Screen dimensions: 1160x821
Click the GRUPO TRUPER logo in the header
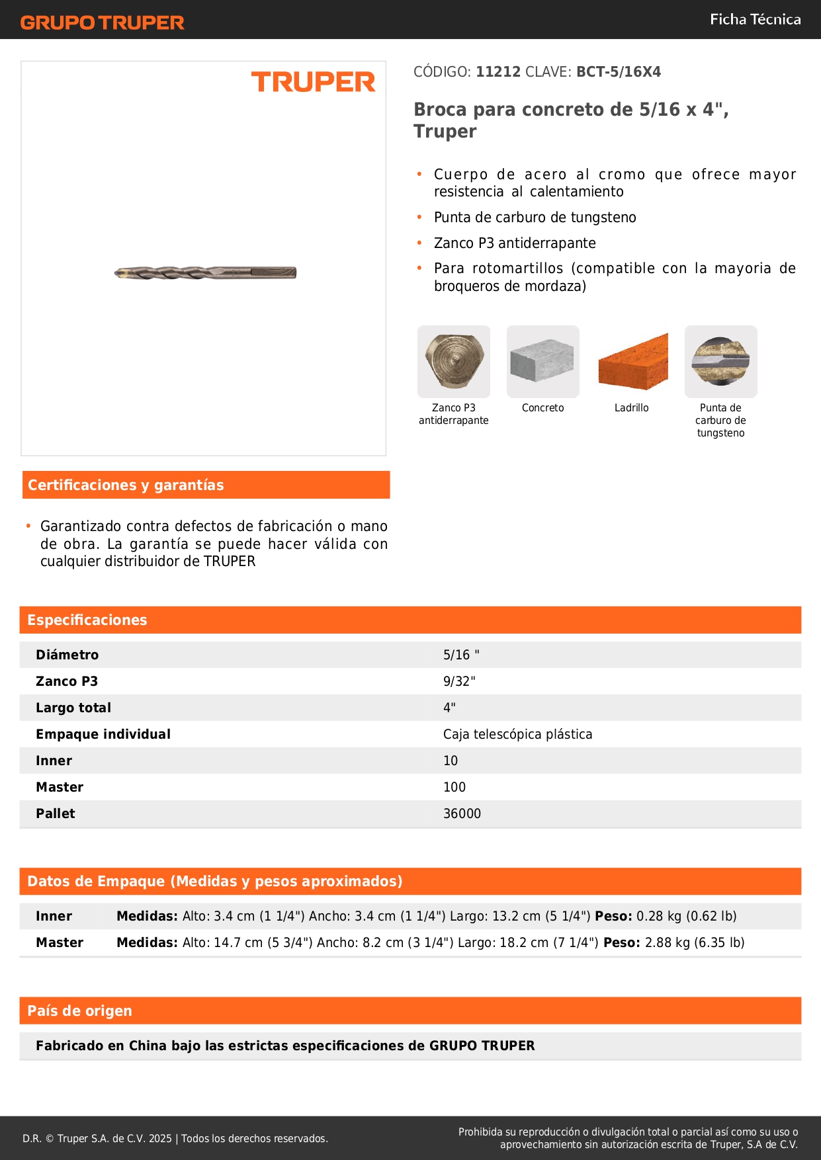(103, 22)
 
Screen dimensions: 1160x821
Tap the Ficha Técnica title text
(755, 20)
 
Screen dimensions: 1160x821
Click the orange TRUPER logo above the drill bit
(313, 82)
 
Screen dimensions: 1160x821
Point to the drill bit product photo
(205, 272)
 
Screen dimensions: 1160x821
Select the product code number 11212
(498, 72)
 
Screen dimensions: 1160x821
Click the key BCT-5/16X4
(618, 72)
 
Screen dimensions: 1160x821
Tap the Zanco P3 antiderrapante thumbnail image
(454, 361)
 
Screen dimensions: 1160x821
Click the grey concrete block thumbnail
(542, 361)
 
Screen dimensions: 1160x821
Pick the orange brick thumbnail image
(632, 361)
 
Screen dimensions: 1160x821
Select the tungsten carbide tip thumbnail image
(720, 361)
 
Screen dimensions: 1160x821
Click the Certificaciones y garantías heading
(126, 485)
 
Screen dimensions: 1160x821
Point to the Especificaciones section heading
(87, 620)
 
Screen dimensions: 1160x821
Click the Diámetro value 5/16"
(461, 655)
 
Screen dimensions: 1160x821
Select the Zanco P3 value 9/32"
(459, 681)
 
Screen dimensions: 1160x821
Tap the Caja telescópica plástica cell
(517, 734)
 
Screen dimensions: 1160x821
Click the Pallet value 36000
(462, 813)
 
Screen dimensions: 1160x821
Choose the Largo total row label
(73, 708)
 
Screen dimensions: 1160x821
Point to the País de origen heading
(79, 1011)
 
